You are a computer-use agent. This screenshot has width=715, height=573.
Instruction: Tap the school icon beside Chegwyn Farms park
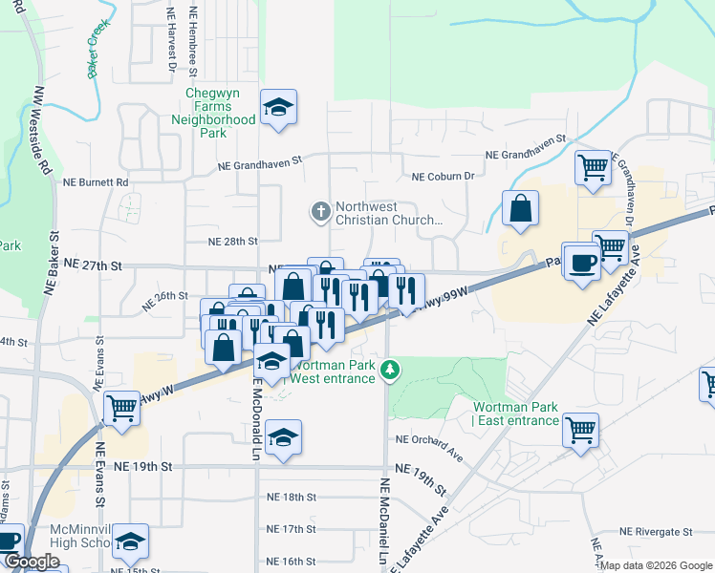tap(278, 108)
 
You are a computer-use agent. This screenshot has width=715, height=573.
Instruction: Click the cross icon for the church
tap(321, 209)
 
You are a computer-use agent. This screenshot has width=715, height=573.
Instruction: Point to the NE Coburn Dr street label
tap(444, 177)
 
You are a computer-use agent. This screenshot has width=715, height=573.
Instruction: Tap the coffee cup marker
tap(581, 263)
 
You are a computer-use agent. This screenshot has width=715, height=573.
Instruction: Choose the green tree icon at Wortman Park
tap(389, 369)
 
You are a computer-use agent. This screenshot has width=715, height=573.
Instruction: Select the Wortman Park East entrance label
tap(515, 414)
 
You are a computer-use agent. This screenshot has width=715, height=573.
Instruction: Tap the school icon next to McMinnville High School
tap(130, 541)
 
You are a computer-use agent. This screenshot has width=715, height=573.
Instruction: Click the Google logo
tap(32, 562)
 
